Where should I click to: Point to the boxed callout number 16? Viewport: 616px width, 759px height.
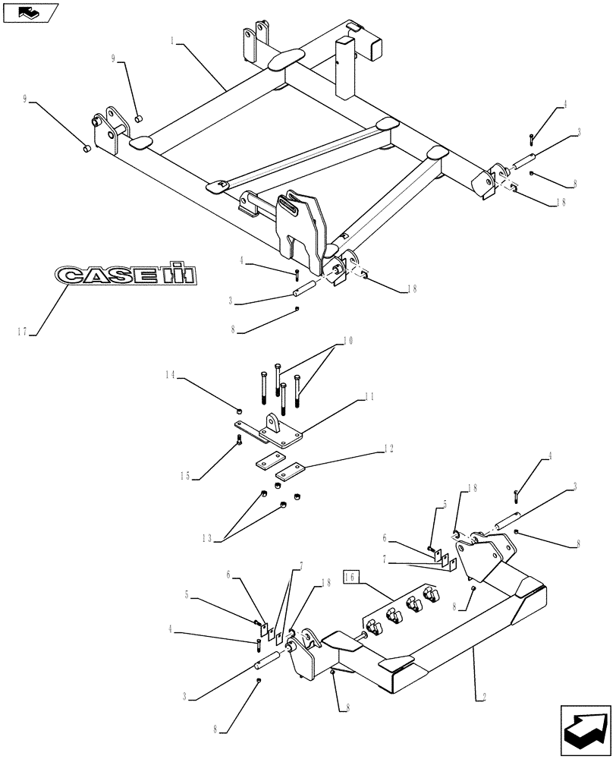point(351,577)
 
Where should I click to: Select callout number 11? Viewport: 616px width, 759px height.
point(369,396)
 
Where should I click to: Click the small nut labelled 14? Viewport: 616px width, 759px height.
point(240,411)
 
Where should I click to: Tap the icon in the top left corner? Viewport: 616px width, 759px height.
point(30,12)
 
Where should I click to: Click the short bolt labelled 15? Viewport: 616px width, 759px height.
point(240,440)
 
